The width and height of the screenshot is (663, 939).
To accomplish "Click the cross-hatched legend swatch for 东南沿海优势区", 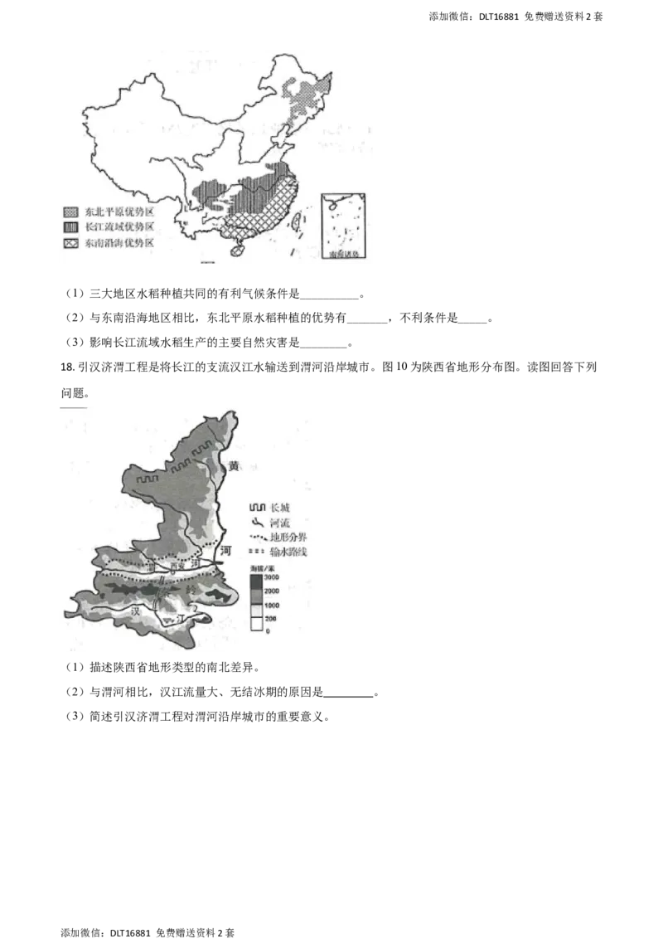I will pos(70,242).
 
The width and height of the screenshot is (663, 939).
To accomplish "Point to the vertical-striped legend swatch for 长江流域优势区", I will pos(70,227).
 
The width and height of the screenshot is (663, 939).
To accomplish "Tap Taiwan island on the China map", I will pos(300,218).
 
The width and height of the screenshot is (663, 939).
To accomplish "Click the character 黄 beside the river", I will pos(234,466).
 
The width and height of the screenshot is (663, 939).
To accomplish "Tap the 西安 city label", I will pos(174,567).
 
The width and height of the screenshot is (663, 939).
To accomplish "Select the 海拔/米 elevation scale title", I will pos(262,566).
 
